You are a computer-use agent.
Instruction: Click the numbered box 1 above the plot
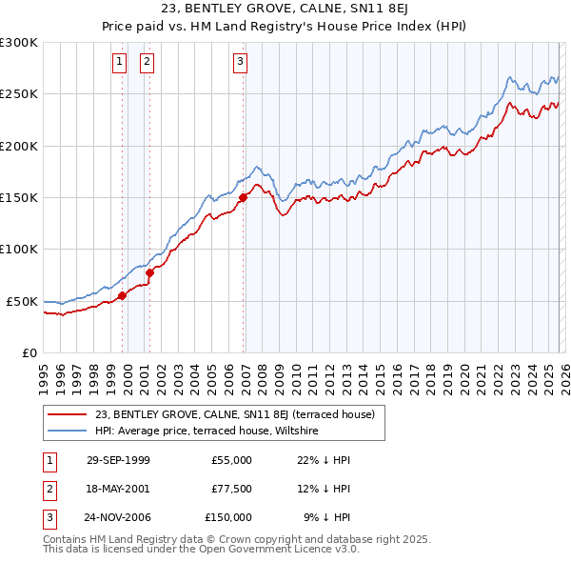(x=120, y=63)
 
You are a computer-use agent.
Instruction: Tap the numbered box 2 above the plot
(x=148, y=63)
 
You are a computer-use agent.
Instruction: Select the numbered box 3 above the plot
(x=241, y=63)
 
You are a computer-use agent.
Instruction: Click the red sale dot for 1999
(x=123, y=295)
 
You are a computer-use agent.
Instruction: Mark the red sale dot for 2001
(x=149, y=272)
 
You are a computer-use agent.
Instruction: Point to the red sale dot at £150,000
(x=243, y=198)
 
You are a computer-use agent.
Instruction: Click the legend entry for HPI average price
(x=206, y=431)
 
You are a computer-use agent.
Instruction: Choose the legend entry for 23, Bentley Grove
(x=235, y=414)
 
